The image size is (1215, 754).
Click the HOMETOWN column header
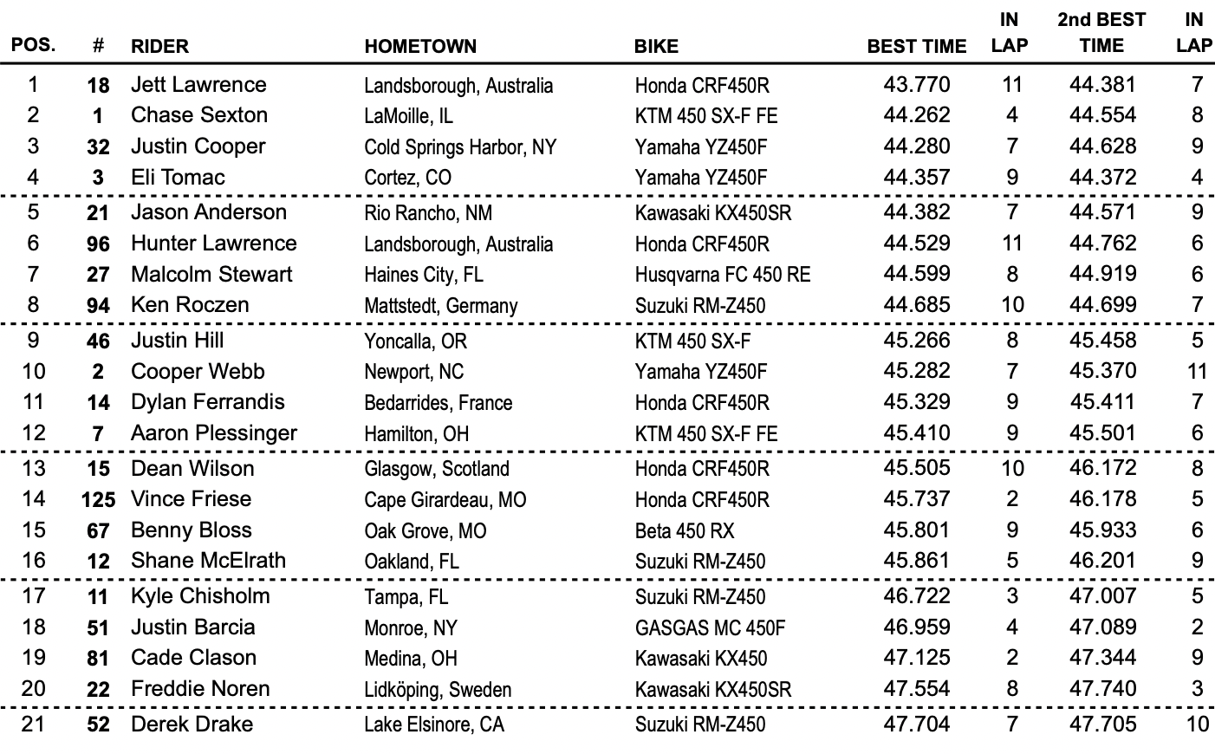pyautogui.click(x=420, y=46)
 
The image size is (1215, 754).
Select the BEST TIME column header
pyautogui.click(x=916, y=46)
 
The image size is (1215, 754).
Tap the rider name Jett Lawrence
pyautogui.click(x=198, y=84)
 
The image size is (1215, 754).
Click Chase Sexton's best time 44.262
pyautogui.click(x=916, y=115)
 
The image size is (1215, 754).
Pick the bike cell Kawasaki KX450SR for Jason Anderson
pyautogui.click(x=712, y=212)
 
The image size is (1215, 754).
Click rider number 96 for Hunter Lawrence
pyautogui.click(x=98, y=244)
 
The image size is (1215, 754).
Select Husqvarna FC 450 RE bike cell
pyautogui.click(x=722, y=275)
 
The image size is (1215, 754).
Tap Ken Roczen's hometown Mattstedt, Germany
pyautogui.click(x=440, y=306)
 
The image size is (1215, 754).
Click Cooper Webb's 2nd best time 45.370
pyautogui.click(x=1102, y=371)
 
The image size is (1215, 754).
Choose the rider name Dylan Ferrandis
pyautogui.click(x=207, y=402)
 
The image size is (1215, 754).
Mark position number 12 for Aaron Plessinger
pyautogui.click(x=33, y=433)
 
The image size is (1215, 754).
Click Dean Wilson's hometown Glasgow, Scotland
pyautogui.click(x=436, y=469)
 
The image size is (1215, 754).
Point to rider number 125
pyautogui.click(x=98, y=500)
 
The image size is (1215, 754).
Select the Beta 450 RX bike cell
pyautogui.click(x=684, y=530)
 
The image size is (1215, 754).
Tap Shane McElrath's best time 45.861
pyautogui.click(x=916, y=561)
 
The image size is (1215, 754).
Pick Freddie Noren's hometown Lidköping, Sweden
pyautogui.click(x=437, y=690)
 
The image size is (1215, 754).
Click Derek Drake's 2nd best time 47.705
pyautogui.click(x=1102, y=724)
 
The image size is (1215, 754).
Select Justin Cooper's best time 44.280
pyautogui.click(x=916, y=146)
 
